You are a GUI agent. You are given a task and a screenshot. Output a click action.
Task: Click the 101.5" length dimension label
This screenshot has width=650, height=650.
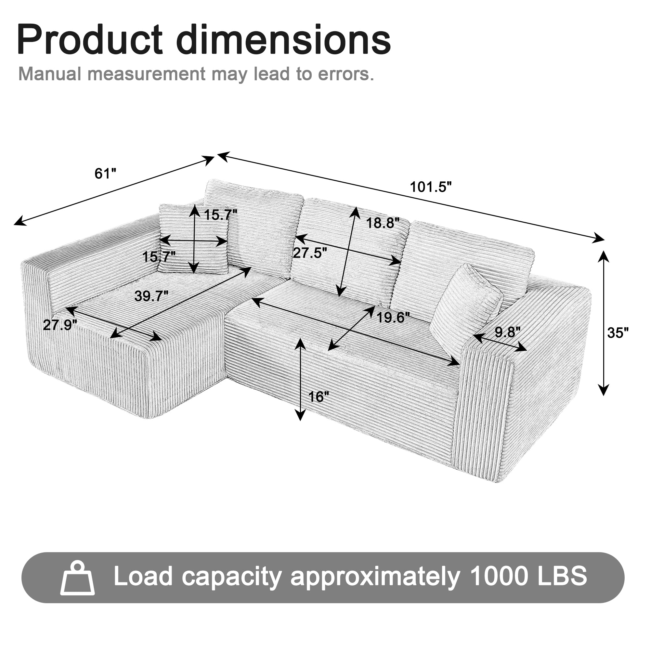tap(431, 187)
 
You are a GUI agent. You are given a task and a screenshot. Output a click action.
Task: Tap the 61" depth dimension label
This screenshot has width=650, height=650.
tap(105, 174)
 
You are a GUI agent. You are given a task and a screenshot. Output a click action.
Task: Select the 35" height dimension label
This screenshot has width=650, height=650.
tap(618, 333)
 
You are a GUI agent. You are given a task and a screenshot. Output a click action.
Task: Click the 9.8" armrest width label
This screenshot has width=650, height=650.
tap(507, 332)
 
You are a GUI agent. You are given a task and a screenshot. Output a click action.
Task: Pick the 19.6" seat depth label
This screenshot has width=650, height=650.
tap(393, 317)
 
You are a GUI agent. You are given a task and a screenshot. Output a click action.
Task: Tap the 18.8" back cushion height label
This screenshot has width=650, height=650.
tap(383, 223)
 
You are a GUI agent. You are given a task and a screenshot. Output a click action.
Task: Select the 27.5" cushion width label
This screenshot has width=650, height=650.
tap(310, 253)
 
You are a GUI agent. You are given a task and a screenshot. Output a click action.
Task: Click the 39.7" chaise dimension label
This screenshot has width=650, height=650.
tap(151, 296)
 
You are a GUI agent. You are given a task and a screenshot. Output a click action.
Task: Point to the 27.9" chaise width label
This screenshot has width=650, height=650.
tap(60, 325)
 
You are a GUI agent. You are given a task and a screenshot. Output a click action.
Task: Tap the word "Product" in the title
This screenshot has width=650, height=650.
tap(90, 40)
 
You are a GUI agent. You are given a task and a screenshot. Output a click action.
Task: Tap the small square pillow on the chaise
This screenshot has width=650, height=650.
tap(193, 239)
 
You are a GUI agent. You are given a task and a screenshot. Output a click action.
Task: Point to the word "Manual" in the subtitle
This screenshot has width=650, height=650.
tap(49, 74)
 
